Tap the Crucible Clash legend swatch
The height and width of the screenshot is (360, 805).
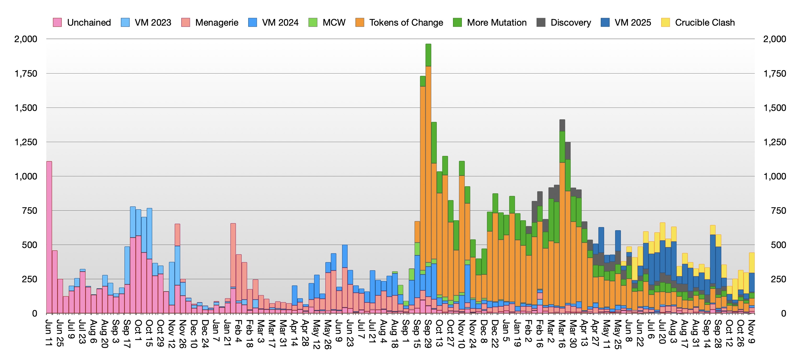665,22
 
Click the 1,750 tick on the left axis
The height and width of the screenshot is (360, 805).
26,74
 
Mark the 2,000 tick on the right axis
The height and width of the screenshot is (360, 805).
775,39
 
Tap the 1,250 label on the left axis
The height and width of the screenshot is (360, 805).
26,142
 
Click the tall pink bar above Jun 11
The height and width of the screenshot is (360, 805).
49,238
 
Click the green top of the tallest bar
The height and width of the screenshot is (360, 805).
428,55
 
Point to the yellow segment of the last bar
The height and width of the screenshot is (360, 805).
752,262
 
